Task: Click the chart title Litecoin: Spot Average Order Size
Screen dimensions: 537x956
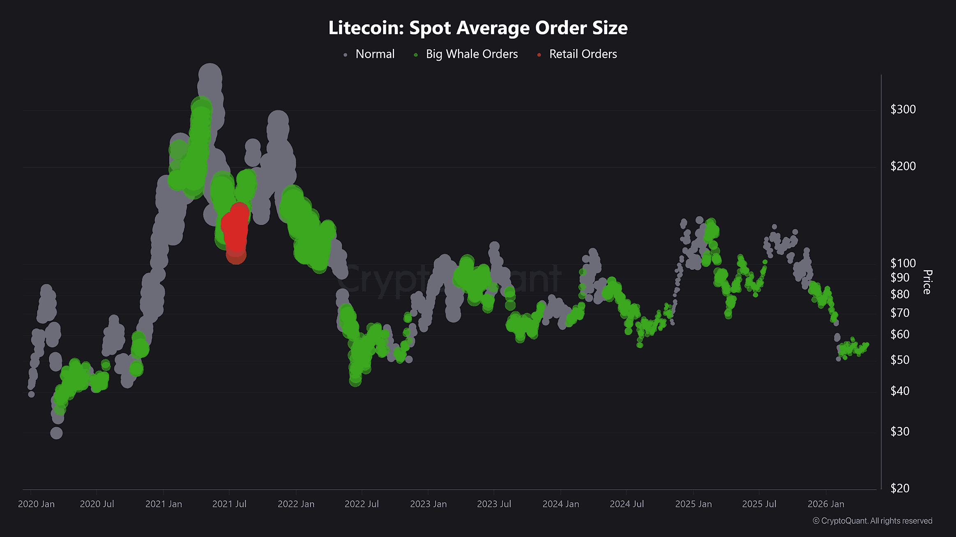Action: tap(478, 28)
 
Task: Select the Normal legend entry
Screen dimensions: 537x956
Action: tap(374, 54)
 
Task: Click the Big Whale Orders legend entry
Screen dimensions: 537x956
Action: tap(471, 54)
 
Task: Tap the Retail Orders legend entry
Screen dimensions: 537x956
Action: tap(583, 54)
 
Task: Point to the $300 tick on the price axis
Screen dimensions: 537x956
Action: tap(903, 109)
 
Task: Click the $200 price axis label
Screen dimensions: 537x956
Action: tap(903, 166)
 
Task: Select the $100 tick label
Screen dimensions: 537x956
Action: tap(903, 263)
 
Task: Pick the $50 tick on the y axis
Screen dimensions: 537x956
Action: tap(899, 360)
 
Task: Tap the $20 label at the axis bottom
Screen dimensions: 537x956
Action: tap(899, 488)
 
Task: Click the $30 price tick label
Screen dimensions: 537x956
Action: tap(899, 431)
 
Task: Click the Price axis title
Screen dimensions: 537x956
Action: tap(927, 282)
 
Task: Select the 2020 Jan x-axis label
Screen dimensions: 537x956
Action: tap(36, 504)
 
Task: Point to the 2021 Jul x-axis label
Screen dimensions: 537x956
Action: tap(229, 504)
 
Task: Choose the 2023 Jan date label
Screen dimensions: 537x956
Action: tap(428, 504)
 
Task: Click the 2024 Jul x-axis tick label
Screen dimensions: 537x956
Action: tap(627, 504)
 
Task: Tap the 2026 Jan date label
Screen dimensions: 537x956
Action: tap(826, 504)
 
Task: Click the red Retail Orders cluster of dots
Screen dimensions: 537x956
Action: tap(236, 230)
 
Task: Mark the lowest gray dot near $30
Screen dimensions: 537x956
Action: tap(56, 433)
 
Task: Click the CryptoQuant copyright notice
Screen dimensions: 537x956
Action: tap(872, 521)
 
